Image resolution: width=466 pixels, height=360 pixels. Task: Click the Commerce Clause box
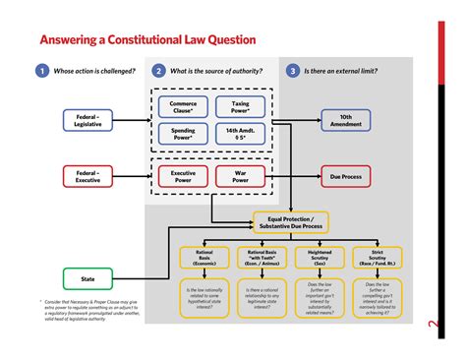(x=183, y=106)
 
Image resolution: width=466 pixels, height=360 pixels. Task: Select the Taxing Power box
(x=237, y=106)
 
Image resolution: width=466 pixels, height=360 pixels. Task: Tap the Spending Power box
(x=183, y=133)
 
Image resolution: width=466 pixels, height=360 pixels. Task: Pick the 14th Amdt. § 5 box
(x=237, y=133)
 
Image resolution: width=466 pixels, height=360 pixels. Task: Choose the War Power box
(x=237, y=177)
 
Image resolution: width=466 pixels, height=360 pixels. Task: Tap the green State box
(x=87, y=277)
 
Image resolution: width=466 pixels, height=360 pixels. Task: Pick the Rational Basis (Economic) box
(x=204, y=259)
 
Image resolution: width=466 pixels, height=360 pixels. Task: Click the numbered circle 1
(x=42, y=71)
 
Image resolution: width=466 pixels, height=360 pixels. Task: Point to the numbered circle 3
(x=293, y=71)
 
